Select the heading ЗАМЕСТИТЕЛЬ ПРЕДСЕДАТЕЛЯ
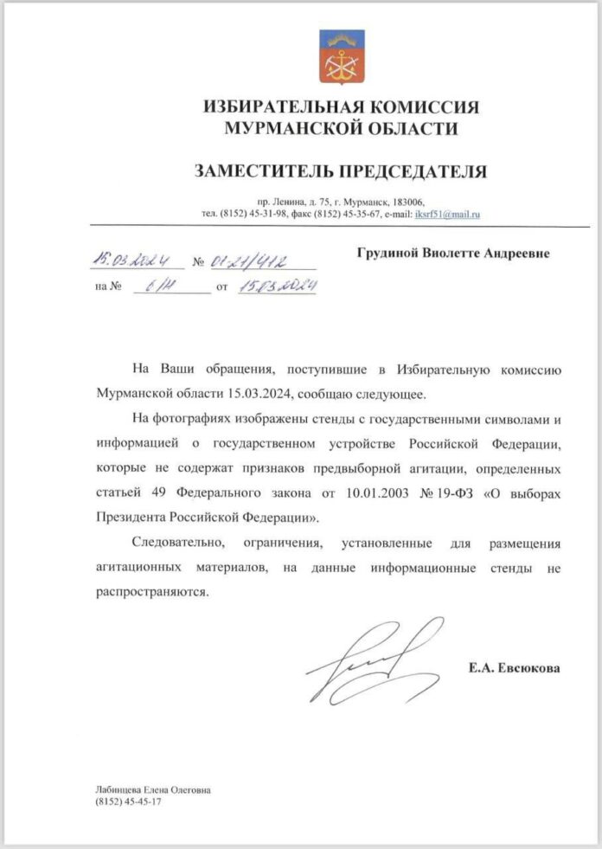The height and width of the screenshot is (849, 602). click(341, 171)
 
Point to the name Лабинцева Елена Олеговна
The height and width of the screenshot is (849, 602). click(153, 789)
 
